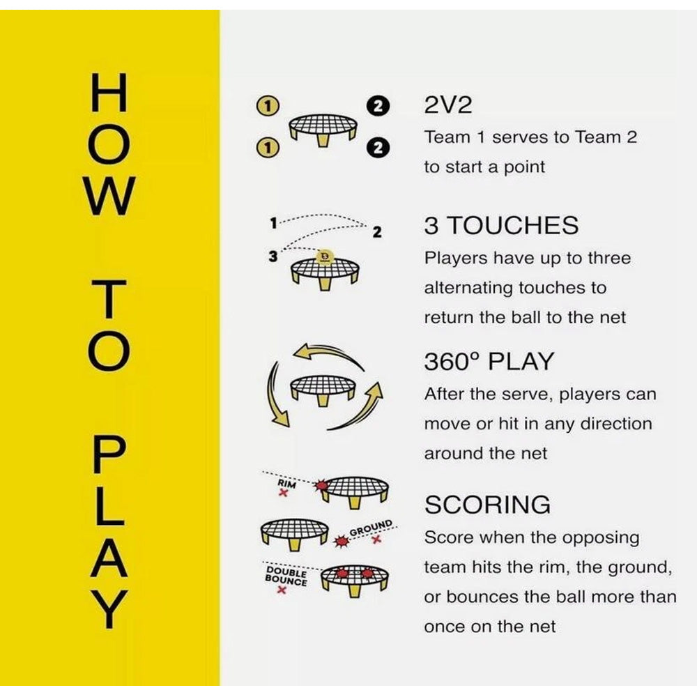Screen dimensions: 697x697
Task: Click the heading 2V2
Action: tap(447, 105)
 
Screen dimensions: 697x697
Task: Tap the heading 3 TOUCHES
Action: tap(501, 225)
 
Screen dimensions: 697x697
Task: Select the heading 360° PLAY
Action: tap(489, 361)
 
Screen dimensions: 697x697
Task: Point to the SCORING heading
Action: tap(487, 505)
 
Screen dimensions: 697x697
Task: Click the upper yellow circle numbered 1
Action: tap(268, 105)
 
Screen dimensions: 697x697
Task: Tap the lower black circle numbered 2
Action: tap(378, 148)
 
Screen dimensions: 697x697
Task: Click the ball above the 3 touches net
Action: tap(325, 257)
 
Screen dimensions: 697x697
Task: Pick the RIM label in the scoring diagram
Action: tap(286, 484)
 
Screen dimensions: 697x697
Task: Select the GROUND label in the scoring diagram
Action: tap(372, 527)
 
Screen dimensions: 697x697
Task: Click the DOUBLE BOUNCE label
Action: tap(286, 576)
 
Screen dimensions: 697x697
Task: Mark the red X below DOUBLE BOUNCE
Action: tap(281, 590)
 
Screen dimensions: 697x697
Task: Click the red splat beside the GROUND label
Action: tap(342, 541)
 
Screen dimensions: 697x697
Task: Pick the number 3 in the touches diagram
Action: tap(273, 256)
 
